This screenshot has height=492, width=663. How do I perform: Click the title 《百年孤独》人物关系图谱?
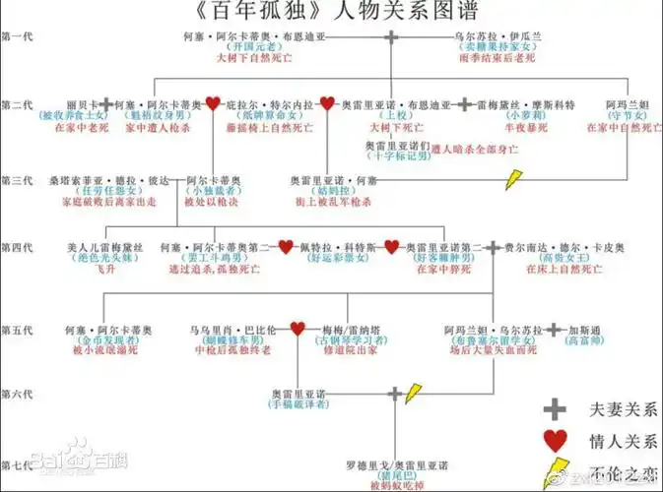pyautogui.click(x=331, y=14)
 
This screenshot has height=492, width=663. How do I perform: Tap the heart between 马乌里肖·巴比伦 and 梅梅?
pyautogui.click(x=296, y=329)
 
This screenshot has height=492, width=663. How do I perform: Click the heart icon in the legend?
pyautogui.click(x=556, y=440)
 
